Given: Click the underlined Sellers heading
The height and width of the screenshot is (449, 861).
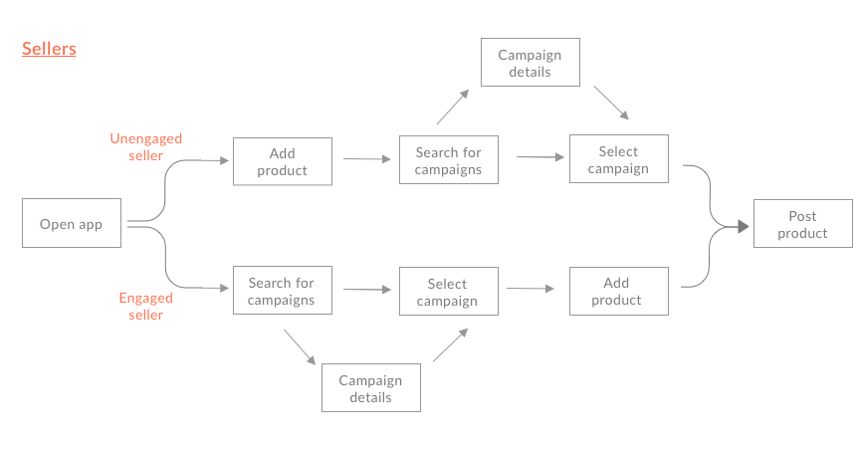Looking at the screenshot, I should tap(49, 49).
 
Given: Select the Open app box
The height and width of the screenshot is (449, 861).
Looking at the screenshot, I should tap(72, 224).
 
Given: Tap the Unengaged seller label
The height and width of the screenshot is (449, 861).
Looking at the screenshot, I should tap(145, 146).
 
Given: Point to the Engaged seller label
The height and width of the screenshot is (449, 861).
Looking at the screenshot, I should tap(145, 306).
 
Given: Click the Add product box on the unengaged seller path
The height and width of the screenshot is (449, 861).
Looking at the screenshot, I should tap(282, 161).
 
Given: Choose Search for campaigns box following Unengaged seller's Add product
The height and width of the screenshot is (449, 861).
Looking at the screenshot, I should tap(448, 160).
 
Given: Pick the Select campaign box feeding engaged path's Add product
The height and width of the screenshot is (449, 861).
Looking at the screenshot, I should tap(447, 292).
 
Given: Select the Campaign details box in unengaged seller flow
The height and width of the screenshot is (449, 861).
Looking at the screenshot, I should tap(530, 63).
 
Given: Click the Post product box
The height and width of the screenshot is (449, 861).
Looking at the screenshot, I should tap(802, 224).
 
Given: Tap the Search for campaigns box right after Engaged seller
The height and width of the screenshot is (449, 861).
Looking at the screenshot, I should tap(282, 291).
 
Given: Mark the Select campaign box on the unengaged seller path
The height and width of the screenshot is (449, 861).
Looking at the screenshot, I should tap(617, 159).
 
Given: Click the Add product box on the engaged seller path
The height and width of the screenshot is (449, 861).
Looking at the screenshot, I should tap(617, 291).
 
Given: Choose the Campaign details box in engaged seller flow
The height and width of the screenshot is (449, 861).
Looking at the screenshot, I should tap(370, 388).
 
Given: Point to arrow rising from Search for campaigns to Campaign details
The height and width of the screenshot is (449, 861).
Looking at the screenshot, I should tap(452, 107).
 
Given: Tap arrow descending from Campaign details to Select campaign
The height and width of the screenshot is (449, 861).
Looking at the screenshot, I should tap(611, 104).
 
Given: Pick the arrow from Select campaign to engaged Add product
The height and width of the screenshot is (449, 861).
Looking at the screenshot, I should tap(531, 289).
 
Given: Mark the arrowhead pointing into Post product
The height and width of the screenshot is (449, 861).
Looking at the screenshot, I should tap(742, 227).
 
